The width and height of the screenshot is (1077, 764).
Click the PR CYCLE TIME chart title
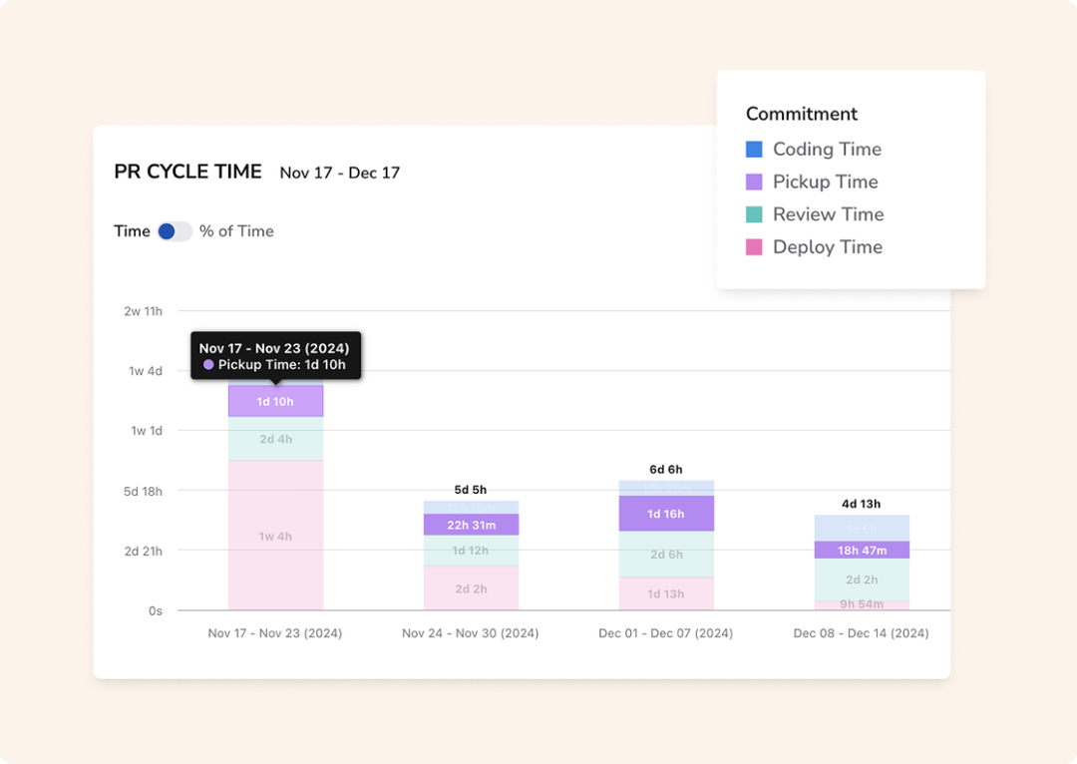pos(187,172)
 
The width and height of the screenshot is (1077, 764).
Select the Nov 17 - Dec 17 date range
pos(339,173)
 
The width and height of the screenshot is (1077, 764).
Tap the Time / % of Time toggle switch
pos(174,231)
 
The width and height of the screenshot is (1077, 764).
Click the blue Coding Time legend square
pos(754,150)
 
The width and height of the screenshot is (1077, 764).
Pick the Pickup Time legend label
pos(825,182)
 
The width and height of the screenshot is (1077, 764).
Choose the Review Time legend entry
pos(828,214)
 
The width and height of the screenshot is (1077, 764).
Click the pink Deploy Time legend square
pos(754,247)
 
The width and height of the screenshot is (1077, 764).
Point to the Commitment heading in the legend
pos(801,114)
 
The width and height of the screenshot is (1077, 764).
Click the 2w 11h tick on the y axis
pos(143,311)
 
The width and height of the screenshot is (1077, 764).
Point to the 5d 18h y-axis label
pos(143,491)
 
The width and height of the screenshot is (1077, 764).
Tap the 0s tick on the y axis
pos(155,610)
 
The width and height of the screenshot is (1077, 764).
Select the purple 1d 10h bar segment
pos(275,402)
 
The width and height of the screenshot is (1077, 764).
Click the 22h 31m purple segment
pos(471,525)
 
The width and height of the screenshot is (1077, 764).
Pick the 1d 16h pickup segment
pos(665,514)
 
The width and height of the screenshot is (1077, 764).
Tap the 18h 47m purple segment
pos(862,550)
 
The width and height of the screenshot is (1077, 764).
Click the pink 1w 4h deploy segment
pos(275,537)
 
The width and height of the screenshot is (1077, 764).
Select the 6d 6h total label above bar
pos(665,470)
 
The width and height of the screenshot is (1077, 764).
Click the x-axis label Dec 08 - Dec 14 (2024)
pos(861,633)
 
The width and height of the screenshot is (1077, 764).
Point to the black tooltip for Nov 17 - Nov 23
pos(275,356)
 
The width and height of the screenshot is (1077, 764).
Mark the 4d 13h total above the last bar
pos(862,504)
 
